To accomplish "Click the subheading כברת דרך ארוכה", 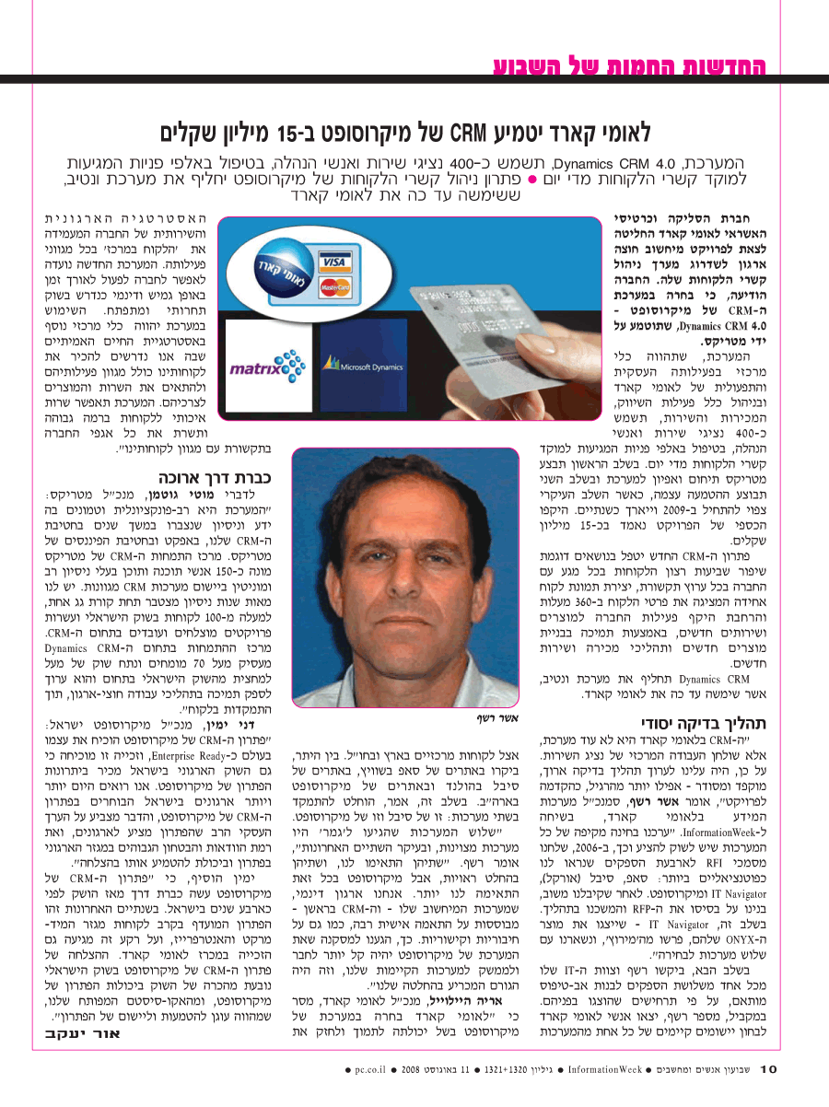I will [216, 478].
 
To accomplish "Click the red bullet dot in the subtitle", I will [545, 179].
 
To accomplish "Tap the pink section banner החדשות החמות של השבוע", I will [629, 66].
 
